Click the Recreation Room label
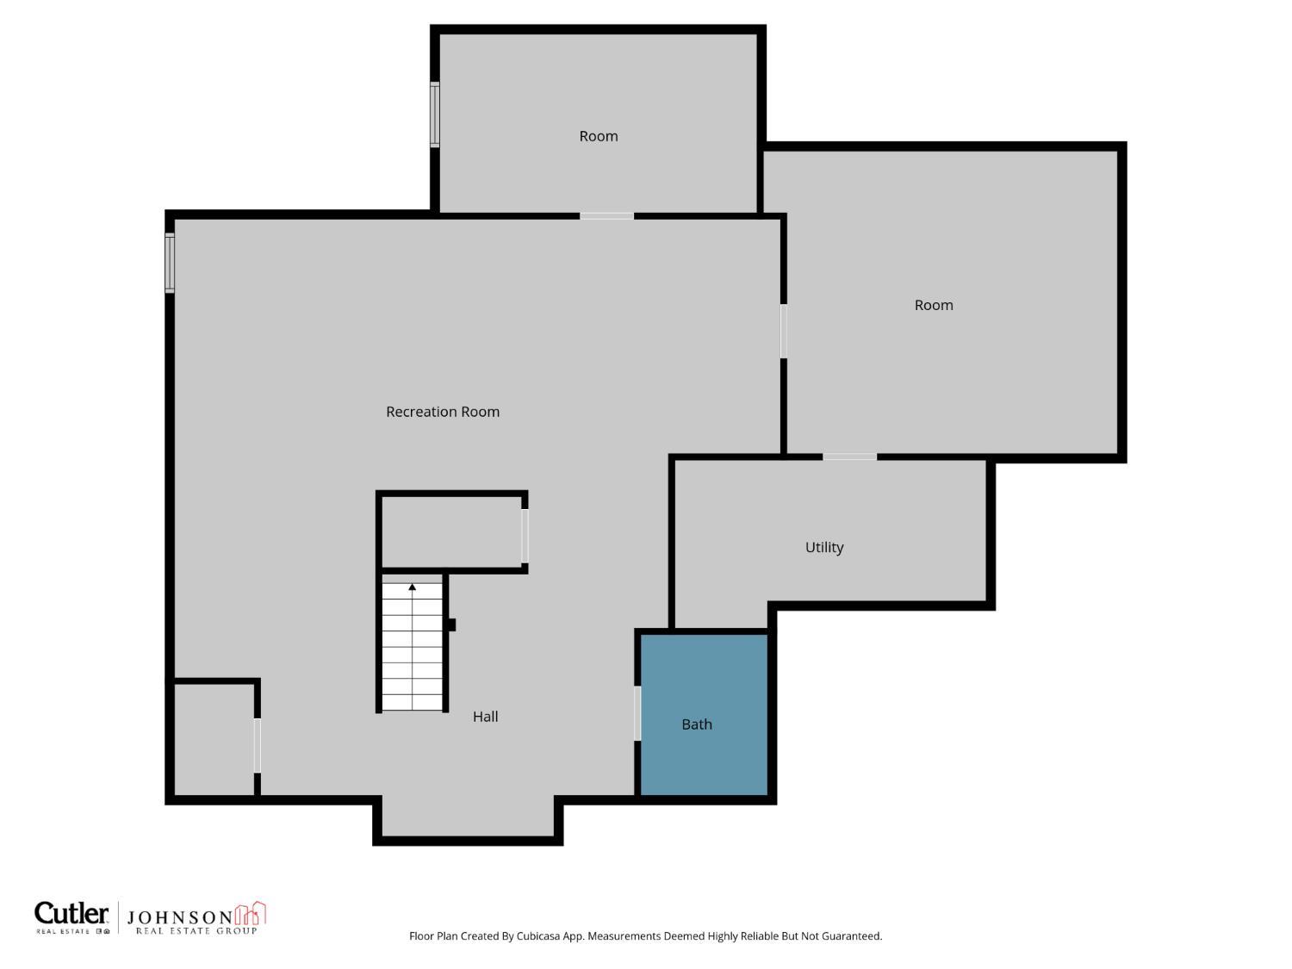point(443,412)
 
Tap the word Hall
point(485,717)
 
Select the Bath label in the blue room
point(697,724)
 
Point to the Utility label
point(824,547)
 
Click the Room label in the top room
point(598,136)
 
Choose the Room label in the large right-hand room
point(934,305)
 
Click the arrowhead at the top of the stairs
point(413,587)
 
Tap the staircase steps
point(413,655)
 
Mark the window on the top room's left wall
point(435,115)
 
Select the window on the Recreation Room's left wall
point(170,263)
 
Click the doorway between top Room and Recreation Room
point(606,216)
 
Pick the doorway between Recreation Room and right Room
point(783,331)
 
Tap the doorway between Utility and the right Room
point(849,457)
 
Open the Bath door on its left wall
point(637,713)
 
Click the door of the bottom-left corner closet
point(257,746)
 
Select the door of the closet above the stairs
point(525,536)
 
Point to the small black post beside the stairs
point(451,624)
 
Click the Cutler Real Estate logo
point(72,917)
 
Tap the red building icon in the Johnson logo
point(251,914)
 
